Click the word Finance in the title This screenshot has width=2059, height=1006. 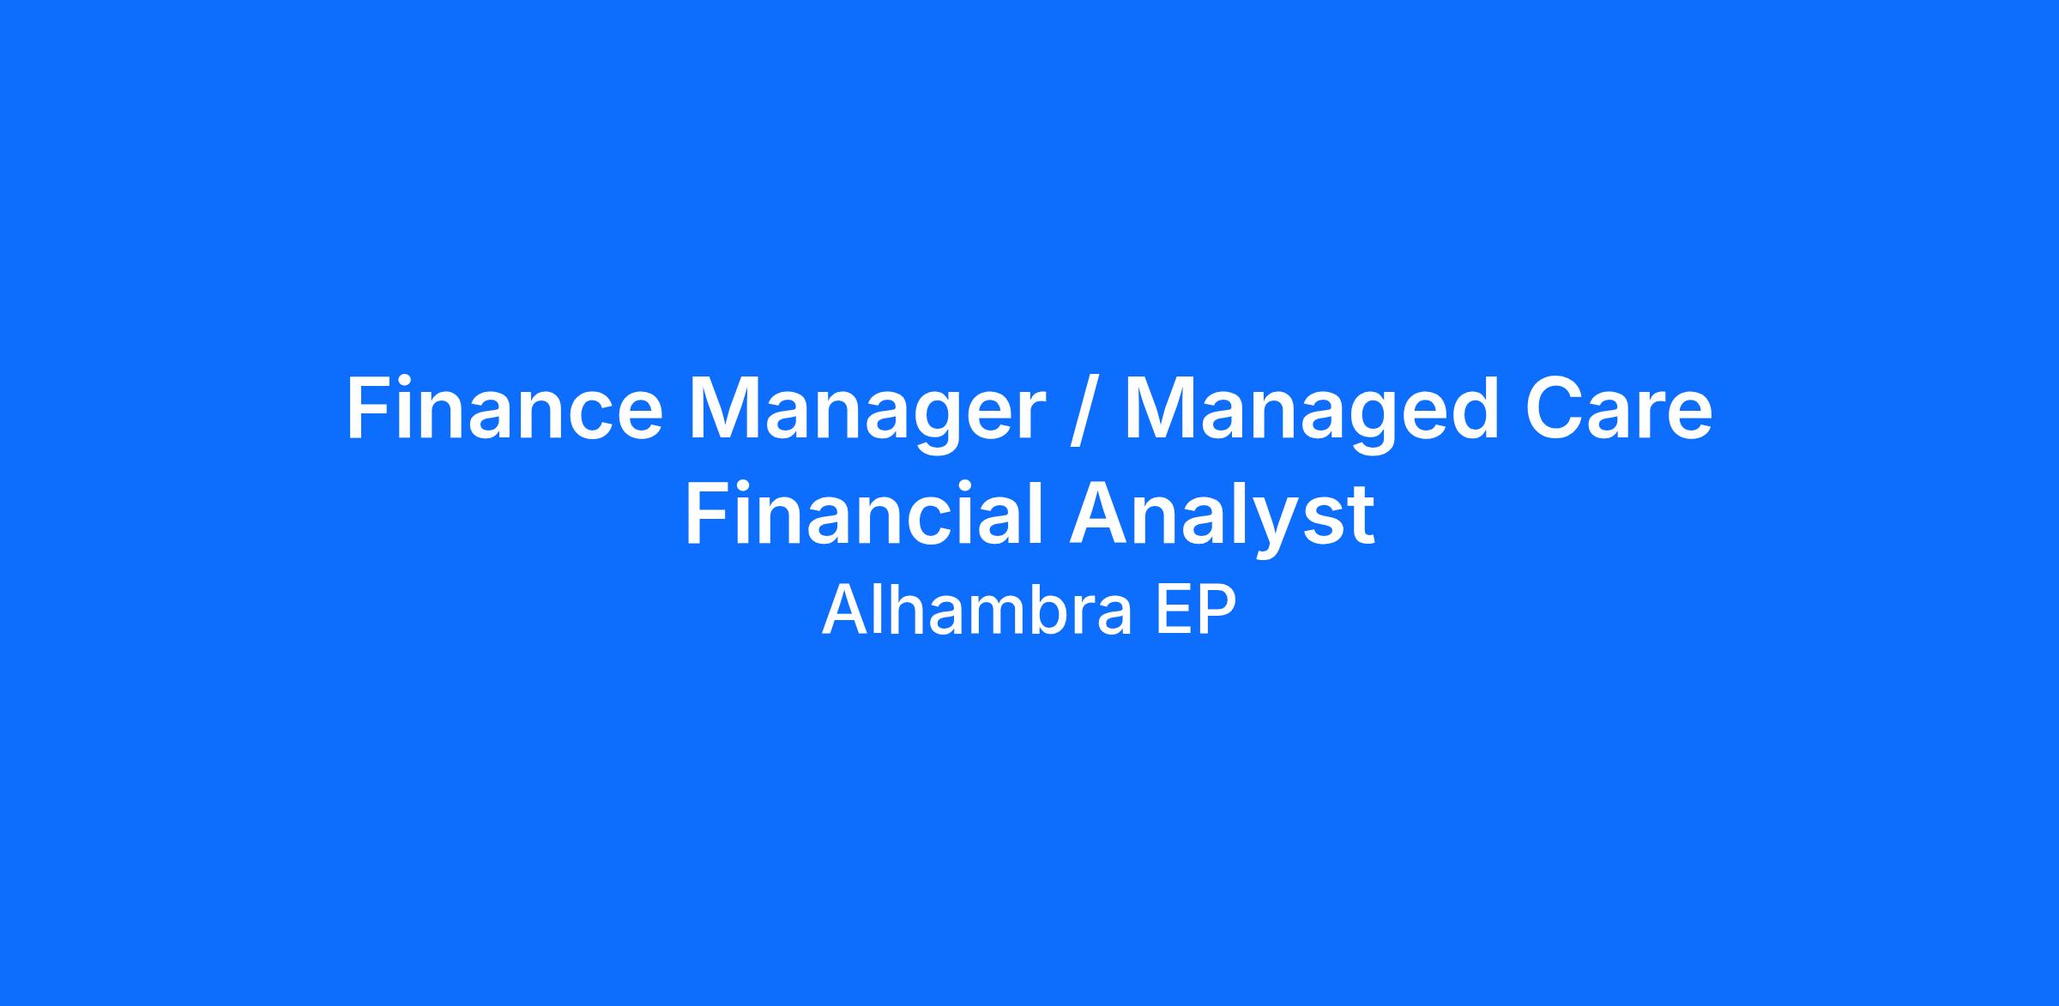[504, 409]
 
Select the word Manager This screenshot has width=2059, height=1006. [866, 415]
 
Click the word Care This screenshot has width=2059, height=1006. [1619, 409]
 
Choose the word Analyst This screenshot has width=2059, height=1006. [1222, 520]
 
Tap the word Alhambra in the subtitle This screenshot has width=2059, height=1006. [977, 610]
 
